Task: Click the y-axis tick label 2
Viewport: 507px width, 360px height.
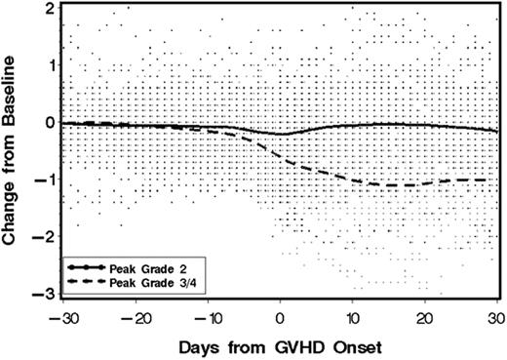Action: coord(49,8)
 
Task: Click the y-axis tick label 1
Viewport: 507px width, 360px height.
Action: coord(49,65)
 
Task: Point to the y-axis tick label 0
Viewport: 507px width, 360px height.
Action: coord(49,123)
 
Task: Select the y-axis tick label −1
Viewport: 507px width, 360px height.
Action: coord(45,180)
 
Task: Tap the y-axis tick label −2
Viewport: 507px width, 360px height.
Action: coord(45,237)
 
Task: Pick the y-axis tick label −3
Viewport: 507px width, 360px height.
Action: coord(45,294)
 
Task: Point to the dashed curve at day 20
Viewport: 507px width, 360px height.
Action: coord(425,183)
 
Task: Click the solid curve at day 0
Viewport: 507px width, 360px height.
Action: coord(280,134)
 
